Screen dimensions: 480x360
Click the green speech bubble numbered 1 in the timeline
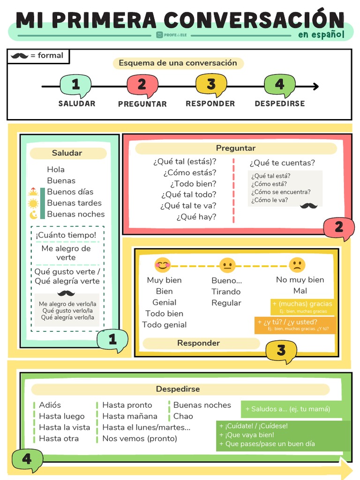pyautogui.click(x=75, y=85)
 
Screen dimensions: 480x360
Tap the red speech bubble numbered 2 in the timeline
pyautogui.click(x=142, y=85)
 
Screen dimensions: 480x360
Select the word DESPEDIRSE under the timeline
pyautogui.click(x=279, y=104)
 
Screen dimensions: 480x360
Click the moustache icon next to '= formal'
pyautogui.click(x=20, y=56)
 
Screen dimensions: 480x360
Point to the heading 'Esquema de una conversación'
pyautogui.click(x=178, y=63)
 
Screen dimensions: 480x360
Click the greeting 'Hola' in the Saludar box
pyautogui.click(x=56, y=169)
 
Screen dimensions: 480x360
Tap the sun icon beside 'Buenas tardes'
pyautogui.click(x=33, y=203)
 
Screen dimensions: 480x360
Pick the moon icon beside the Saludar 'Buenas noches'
pyautogui.click(x=33, y=215)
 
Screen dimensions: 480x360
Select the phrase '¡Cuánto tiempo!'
pyautogui.click(x=66, y=235)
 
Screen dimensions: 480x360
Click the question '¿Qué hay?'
pyautogui.click(x=196, y=217)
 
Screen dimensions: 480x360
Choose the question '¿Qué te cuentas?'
pyautogui.click(x=282, y=163)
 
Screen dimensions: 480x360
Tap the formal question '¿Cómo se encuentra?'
pyautogui.click(x=281, y=192)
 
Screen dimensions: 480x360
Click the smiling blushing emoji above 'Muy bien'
pyautogui.click(x=163, y=265)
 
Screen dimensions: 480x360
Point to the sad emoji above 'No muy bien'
pyautogui.click(x=297, y=265)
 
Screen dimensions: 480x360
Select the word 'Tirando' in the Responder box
pyautogui.click(x=226, y=292)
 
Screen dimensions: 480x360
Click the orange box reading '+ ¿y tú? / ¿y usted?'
pyautogui.click(x=295, y=324)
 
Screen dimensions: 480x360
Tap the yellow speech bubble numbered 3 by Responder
pyautogui.click(x=281, y=351)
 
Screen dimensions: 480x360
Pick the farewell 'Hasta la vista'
pyautogui.click(x=64, y=427)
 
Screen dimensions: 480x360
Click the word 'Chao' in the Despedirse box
pyautogui.click(x=183, y=416)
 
